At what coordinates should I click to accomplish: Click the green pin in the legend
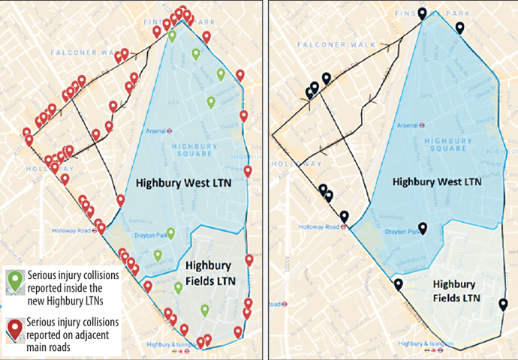(14, 278)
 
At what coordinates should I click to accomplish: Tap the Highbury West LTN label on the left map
(178, 182)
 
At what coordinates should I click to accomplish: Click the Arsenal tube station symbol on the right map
(425, 126)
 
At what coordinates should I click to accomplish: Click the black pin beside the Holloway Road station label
(344, 217)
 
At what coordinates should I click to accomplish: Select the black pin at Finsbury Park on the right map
(423, 13)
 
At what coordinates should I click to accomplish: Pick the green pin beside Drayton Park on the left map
(170, 233)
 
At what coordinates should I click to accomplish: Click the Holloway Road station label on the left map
(71, 230)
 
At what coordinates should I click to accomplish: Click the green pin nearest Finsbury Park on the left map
(173, 35)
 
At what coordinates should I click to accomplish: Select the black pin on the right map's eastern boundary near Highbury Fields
(502, 304)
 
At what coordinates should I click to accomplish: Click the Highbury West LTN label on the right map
(436, 181)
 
